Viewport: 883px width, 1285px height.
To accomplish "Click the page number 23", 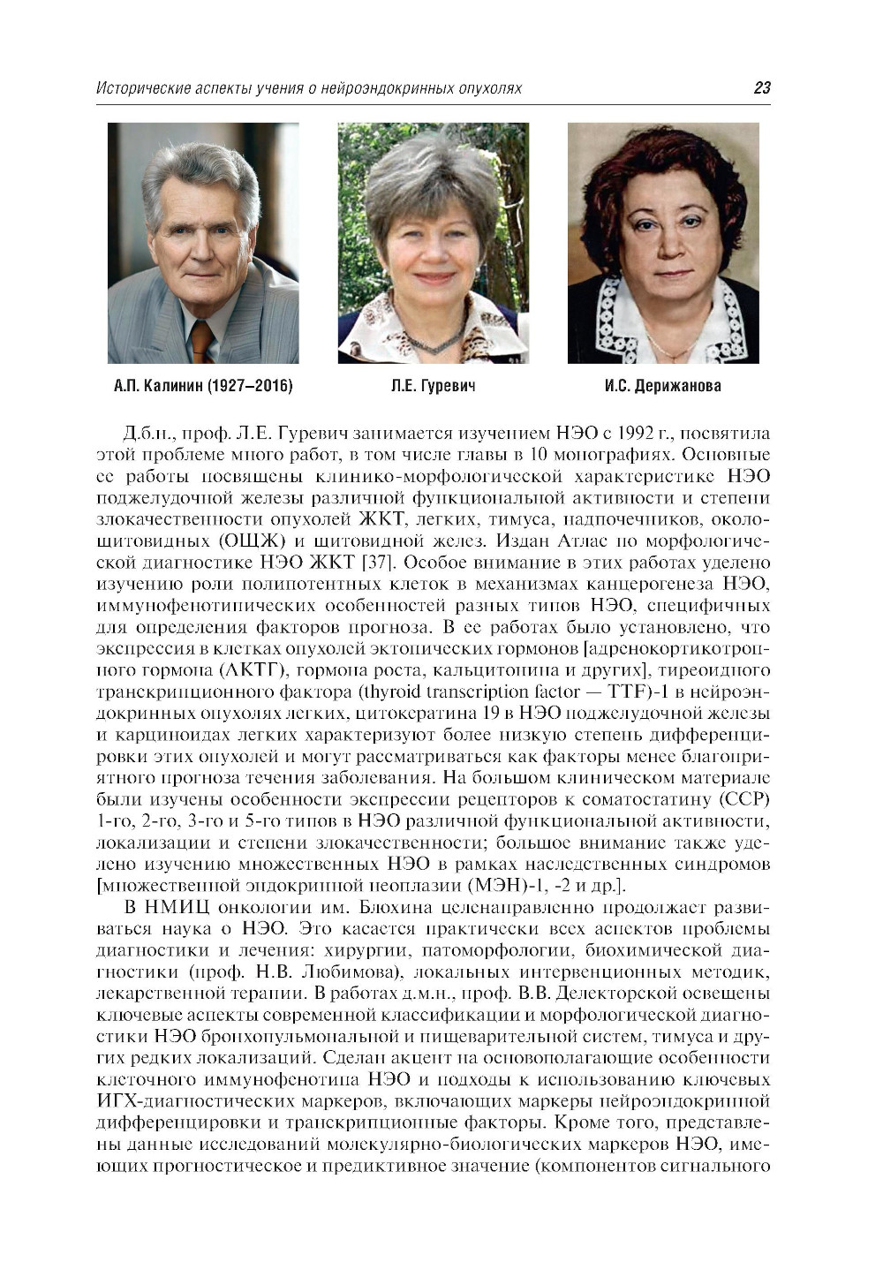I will click(761, 87).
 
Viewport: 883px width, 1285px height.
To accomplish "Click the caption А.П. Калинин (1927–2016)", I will click(203, 386).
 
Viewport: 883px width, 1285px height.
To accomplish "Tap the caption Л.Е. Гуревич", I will click(433, 386).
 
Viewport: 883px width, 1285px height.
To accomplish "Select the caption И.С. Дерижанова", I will click(663, 386).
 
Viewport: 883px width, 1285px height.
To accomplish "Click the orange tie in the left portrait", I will click(202, 341).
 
